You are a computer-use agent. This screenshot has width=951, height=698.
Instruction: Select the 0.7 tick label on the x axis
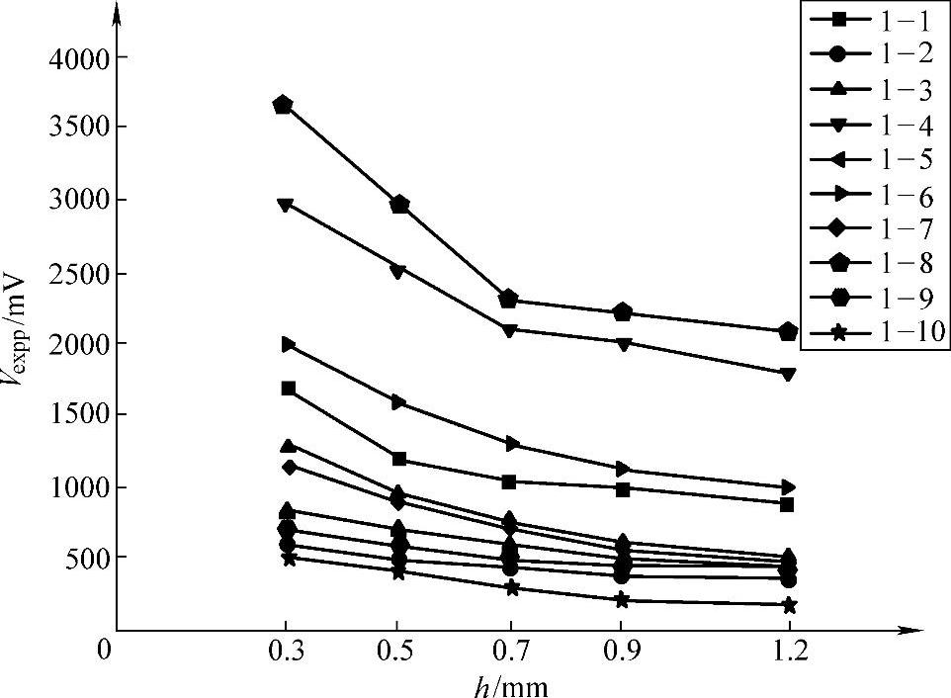click(x=510, y=652)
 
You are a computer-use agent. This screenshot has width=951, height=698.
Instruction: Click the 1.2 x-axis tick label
click(x=788, y=652)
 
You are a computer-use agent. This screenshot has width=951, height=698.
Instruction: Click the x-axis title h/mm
click(x=510, y=685)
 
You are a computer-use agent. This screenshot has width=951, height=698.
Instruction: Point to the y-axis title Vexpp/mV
click(x=22, y=336)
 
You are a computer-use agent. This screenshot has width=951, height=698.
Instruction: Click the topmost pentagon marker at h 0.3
click(x=283, y=105)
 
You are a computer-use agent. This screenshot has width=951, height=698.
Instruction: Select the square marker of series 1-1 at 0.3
click(x=288, y=389)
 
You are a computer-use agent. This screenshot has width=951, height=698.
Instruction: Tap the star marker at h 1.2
click(x=788, y=604)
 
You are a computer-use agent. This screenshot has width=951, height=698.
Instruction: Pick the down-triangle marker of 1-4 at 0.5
click(x=398, y=271)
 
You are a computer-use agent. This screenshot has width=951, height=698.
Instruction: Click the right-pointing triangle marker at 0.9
click(x=623, y=469)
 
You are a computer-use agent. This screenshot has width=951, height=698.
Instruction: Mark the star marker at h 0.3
click(x=289, y=559)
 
